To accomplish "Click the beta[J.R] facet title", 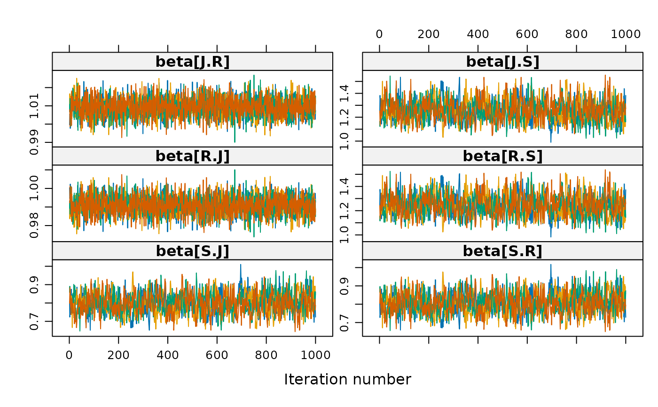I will (x=192, y=62).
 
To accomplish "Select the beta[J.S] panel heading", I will (x=502, y=62).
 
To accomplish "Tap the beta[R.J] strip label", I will (x=192, y=156).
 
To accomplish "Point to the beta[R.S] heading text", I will (x=502, y=156).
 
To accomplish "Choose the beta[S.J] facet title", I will (x=192, y=251).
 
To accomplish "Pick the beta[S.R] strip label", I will (x=502, y=251).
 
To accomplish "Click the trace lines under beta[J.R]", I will (x=192, y=107).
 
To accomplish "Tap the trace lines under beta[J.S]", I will (x=502, y=107).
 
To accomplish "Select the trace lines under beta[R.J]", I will (x=192, y=203).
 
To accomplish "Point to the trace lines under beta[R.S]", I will (x=502, y=203).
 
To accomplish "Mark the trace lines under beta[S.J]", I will (x=192, y=298).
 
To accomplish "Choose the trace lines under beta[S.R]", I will (x=502, y=298).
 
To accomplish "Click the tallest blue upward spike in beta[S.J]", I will (x=241, y=265).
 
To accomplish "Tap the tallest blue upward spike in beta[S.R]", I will (x=551, y=265).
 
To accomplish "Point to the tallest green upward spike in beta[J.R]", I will (x=254, y=76).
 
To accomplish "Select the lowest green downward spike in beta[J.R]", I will (x=235, y=141).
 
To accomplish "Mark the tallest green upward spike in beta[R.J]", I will (x=235, y=171).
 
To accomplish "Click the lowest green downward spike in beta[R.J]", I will (x=254, y=236).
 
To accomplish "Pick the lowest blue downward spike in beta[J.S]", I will (x=551, y=141).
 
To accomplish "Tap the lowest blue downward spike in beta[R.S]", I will (x=551, y=236).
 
